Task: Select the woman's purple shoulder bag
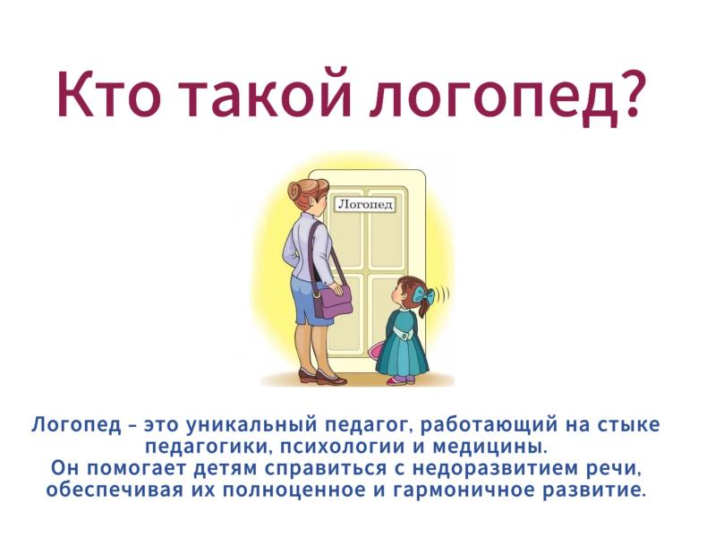coord(333,300)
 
